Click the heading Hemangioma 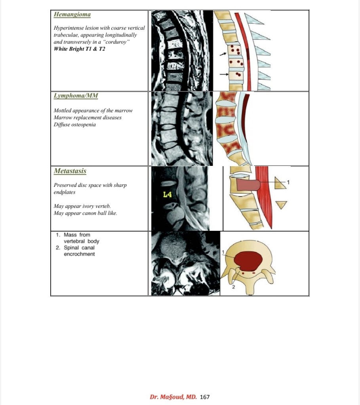pyautogui.click(x=72, y=15)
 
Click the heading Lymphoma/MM pyautogui.click(x=76, y=96)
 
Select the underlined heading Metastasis pyautogui.click(x=70, y=171)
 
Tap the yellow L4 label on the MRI pyautogui.click(x=168, y=194)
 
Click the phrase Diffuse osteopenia pyautogui.click(x=74, y=124)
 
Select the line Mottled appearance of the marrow pyautogui.click(x=93, y=110)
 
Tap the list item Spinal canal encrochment pyautogui.click(x=79, y=251)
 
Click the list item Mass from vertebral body pyautogui.click(x=81, y=238)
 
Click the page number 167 pyautogui.click(x=205, y=397)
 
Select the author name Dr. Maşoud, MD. pyautogui.click(x=173, y=397)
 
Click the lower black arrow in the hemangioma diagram pyautogui.click(x=223, y=74)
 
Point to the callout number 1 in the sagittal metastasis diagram pyautogui.click(x=288, y=182)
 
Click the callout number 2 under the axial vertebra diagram pyautogui.click(x=234, y=287)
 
